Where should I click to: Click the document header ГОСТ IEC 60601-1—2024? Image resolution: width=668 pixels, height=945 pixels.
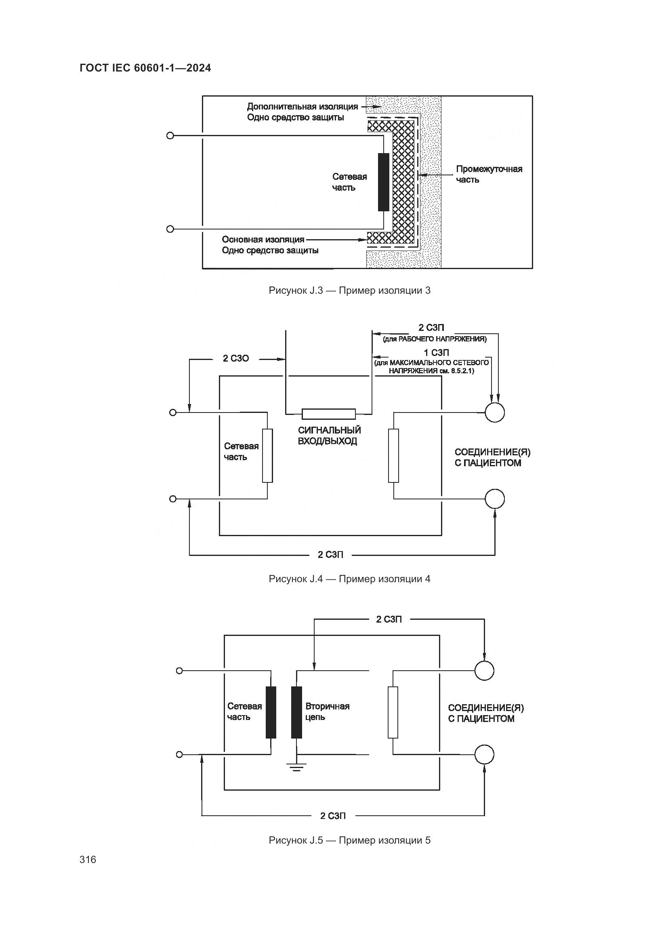point(145,68)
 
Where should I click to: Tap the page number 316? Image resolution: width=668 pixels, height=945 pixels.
point(88,859)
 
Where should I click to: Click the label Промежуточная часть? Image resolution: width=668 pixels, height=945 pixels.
point(489,174)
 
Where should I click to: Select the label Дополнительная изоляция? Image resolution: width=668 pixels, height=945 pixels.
point(302,107)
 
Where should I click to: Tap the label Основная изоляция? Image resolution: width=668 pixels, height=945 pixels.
point(263,240)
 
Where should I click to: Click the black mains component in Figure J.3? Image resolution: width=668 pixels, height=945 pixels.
point(383,182)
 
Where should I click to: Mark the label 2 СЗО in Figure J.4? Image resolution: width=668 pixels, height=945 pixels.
point(236,358)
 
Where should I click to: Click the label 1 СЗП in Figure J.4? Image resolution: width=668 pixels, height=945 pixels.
point(437,353)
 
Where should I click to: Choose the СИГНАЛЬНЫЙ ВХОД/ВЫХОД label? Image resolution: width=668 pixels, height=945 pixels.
point(329,436)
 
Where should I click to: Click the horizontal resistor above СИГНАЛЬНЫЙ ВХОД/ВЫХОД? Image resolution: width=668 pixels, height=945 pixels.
point(329,414)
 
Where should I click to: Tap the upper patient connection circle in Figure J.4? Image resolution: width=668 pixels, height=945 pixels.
point(494,412)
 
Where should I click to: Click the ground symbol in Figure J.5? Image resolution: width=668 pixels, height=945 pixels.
point(296,767)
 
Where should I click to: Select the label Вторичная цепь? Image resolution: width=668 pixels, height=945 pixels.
point(327,711)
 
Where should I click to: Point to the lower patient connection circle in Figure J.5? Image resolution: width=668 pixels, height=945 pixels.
point(484,755)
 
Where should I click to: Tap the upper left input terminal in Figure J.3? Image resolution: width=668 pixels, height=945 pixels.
point(170,135)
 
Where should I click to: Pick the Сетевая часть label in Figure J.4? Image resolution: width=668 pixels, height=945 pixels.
point(241,452)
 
